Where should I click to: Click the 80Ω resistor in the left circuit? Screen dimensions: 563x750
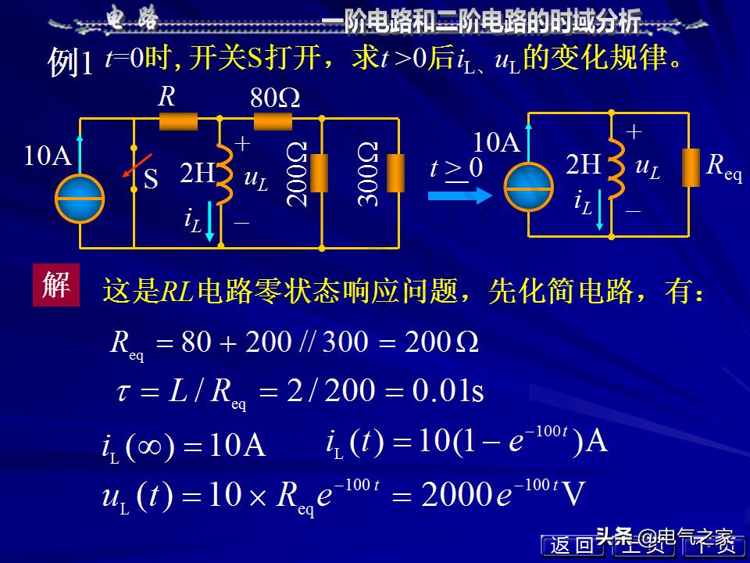pyautogui.click(x=273, y=120)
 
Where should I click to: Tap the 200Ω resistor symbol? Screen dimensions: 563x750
pyautogui.click(x=319, y=174)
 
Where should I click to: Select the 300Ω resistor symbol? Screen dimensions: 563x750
pyautogui.click(x=396, y=174)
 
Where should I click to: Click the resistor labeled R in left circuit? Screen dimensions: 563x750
pyautogui.click(x=178, y=120)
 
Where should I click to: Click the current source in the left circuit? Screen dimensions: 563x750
pyautogui.click(x=80, y=198)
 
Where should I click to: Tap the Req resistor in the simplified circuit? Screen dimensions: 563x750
pyautogui.click(x=690, y=167)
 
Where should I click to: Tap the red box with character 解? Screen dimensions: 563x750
pyautogui.click(x=55, y=285)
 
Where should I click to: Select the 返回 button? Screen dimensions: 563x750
pyautogui.click(x=571, y=546)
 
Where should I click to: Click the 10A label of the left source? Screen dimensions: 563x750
pyautogui.click(x=48, y=156)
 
